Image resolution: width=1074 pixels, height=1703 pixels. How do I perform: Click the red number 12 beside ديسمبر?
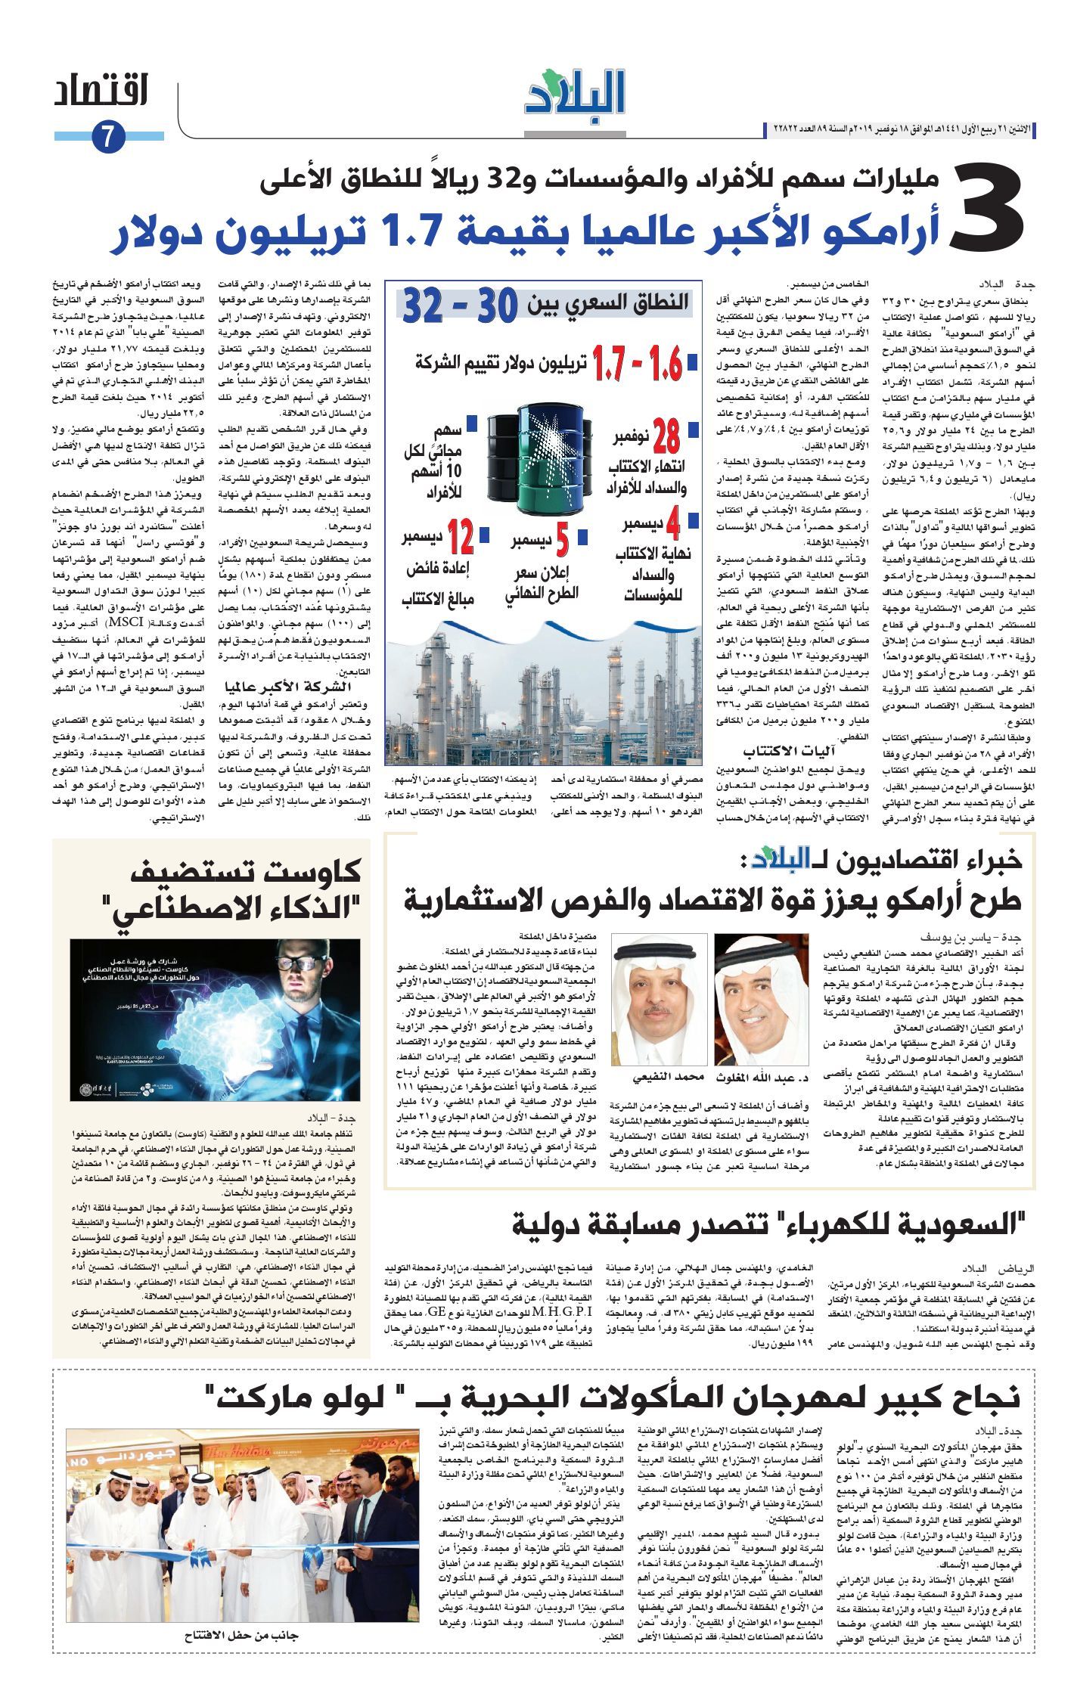pos(460,538)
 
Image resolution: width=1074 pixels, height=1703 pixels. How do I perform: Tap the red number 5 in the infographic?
pos(562,542)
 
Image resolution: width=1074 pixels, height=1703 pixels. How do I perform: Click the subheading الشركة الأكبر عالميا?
pos(288,686)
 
